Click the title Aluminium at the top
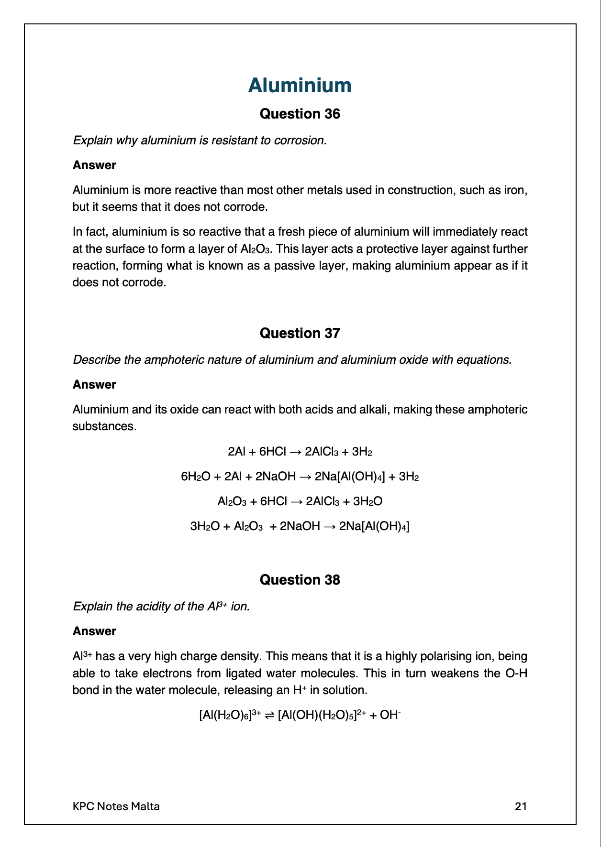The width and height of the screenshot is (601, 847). [x=300, y=86]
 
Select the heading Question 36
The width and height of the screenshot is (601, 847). [x=300, y=114]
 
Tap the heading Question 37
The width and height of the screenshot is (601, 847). [x=300, y=333]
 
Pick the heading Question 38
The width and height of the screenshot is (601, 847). [x=300, y=580]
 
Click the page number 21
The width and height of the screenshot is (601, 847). [x=521, y=806]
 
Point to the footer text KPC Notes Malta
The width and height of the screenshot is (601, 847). [x=116, y=806]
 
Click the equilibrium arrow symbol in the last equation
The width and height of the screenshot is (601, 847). [x=269, y=716]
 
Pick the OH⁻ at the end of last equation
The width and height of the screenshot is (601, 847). [x=390, y=715]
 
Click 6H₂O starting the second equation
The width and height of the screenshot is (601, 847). [x=195, y=477]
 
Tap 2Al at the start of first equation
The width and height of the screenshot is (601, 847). [x=236, y=452]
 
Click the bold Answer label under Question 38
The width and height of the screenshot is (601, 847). [x=94, y=631]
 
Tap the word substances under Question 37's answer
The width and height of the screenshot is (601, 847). [x=104, y=426]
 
